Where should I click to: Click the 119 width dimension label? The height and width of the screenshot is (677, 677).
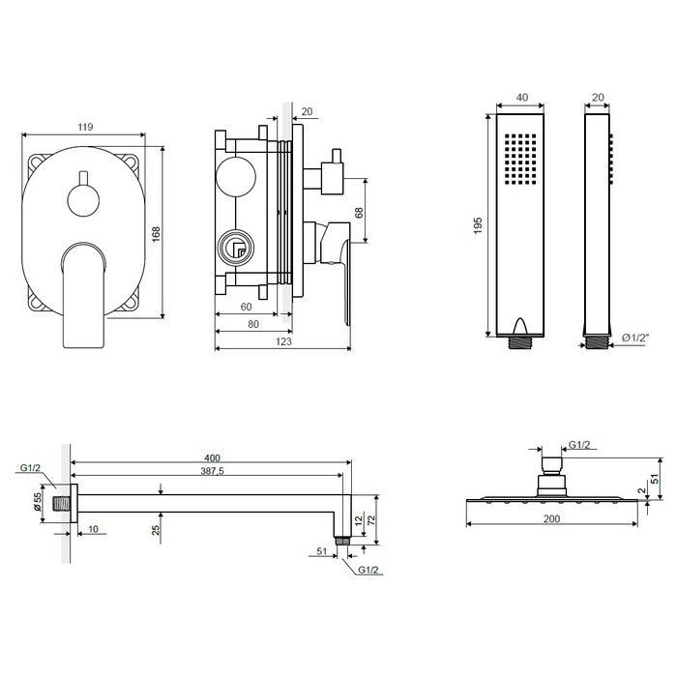point(85,127)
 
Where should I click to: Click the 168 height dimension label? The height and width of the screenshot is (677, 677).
point(156,234)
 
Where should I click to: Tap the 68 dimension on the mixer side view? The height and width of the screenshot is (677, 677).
point(359,213)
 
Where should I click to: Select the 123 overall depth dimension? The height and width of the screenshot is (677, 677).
point(283,341)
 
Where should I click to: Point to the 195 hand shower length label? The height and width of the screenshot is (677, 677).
point(478,225)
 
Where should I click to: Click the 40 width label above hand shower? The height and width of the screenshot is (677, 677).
point(522,97)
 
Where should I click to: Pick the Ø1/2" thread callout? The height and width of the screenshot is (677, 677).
point(635,338)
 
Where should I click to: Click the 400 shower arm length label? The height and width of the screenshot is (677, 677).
point(212,457)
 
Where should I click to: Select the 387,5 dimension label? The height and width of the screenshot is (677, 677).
point(212,471)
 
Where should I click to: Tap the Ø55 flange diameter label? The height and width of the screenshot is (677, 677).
point(37,502)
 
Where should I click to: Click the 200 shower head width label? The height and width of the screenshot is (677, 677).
point(552,518)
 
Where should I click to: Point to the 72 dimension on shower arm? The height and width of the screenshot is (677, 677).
point(370,518)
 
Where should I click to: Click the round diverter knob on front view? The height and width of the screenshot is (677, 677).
point(83,200)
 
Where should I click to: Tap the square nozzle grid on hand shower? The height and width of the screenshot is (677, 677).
point(520,159)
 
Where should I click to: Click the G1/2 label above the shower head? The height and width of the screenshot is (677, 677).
point(579,445)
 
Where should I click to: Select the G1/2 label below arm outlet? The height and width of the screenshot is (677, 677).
point(368,570)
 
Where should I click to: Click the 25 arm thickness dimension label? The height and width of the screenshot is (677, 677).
point(156,528)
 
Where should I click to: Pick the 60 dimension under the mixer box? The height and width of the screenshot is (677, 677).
point(246,307)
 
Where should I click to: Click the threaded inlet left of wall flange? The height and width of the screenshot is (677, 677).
point(61,504)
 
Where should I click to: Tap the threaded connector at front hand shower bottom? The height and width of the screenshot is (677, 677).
point(520,342)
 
